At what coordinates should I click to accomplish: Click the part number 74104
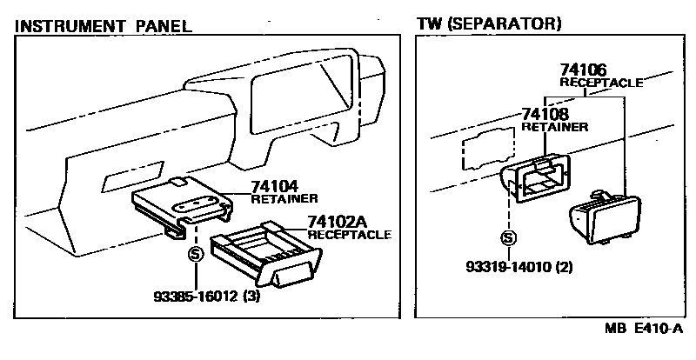(276, 186)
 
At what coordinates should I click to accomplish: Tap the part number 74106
(583, 70)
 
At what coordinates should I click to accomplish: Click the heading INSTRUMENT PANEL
(104, 25)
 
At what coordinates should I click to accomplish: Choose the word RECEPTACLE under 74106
(600, 83)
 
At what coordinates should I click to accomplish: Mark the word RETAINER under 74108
(554, 127)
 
